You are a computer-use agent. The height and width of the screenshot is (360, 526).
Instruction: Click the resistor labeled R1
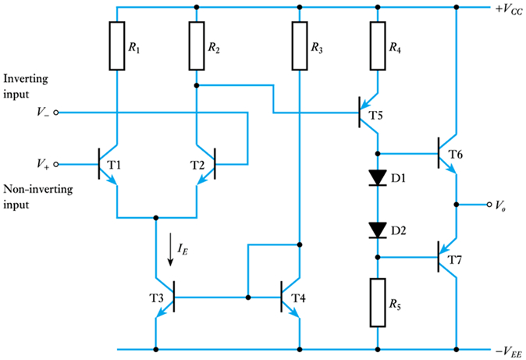click(x=116, y=46)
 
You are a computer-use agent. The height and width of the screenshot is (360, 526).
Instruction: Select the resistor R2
click(x=196, y=46)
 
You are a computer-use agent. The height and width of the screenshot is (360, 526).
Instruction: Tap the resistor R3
click(x=298, y=46)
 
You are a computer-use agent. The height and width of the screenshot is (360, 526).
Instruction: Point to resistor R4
click(x=377, y=46)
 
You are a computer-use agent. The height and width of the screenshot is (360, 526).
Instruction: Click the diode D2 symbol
click(x=377, y=230)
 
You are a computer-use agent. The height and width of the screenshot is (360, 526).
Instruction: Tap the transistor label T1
click(x=135, y=165)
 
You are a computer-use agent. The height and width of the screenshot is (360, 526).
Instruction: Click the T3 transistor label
click(x=137, y=298)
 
